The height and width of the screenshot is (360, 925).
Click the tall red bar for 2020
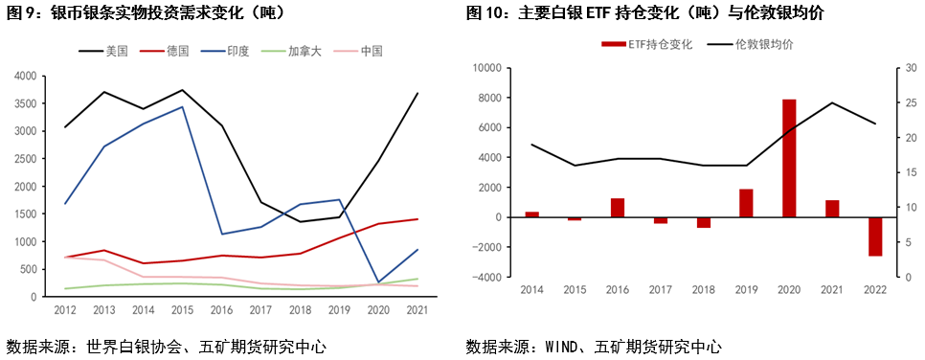coord(789,158)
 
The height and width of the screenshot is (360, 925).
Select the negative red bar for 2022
coord(875,236)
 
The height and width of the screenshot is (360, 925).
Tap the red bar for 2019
coord(746,203)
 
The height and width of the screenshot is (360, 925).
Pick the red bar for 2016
coord(618,208)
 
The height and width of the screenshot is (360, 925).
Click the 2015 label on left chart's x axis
coord(182,309)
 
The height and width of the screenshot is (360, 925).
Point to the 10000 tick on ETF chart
coord(487,68)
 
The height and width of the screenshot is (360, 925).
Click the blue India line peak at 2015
coord(182,106)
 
